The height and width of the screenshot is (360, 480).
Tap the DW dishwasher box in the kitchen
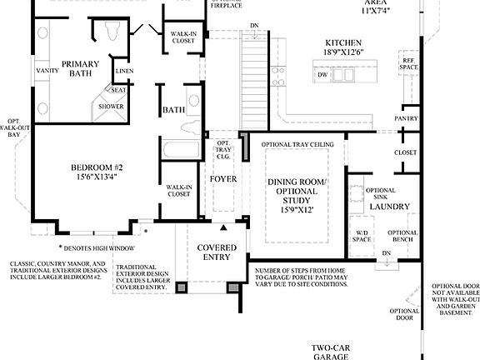322,76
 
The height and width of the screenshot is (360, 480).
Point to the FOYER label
222,179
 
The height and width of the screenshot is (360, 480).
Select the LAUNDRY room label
388,205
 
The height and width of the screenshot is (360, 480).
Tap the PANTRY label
407,119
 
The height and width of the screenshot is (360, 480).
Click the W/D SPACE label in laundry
361,236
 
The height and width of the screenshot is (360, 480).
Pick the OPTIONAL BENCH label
402,237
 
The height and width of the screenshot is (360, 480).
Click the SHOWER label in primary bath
111,107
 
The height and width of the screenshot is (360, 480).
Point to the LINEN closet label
124,72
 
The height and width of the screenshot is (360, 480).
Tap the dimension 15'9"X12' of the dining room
297,212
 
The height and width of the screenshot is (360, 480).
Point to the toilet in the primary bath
112,32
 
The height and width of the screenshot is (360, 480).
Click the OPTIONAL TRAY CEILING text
297,145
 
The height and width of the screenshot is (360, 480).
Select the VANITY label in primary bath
47,71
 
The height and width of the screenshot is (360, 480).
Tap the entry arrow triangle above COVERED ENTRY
222,227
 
